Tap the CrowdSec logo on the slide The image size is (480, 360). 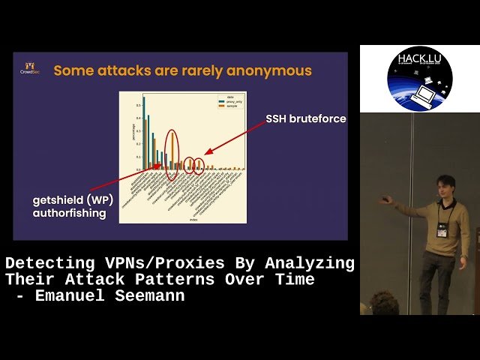[31, 68]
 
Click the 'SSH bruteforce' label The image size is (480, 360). [305, 118]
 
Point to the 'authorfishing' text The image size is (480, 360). [70, 214]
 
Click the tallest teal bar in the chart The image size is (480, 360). [144, 132]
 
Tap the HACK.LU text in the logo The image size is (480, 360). [420, 58]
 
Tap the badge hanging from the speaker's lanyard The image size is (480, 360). [442, 231]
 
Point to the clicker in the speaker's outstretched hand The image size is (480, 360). [385, 199]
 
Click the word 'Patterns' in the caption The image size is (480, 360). [179, 280]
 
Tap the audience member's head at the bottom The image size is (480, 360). [384, 304]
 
